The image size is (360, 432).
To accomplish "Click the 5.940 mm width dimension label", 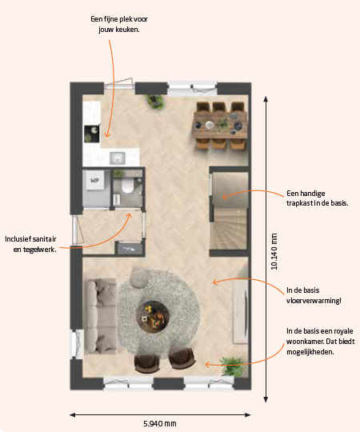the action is [160, 423].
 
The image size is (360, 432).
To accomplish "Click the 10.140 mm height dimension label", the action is [274, 251].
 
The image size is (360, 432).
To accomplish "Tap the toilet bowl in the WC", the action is [127, 185].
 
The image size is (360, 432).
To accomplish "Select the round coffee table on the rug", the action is [152, 317].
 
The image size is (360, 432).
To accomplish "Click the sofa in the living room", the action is [100, 316].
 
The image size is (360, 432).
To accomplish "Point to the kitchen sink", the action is [118, 158].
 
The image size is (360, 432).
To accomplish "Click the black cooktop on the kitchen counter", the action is [91, 134].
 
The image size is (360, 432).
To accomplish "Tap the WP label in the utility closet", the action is [94, 181].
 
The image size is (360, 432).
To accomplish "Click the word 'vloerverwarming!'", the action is [314, 300].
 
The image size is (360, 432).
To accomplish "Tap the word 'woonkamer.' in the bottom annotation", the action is [302, 342].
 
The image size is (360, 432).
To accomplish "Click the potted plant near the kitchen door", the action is [155, 101].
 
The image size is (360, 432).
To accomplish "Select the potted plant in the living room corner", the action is [232, 366].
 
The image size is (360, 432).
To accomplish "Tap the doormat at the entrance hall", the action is [130, 249].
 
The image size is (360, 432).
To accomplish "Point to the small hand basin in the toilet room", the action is [117, 199].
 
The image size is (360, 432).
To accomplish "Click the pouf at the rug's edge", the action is [139, 278].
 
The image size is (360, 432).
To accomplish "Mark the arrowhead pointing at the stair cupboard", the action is [224, 197].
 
